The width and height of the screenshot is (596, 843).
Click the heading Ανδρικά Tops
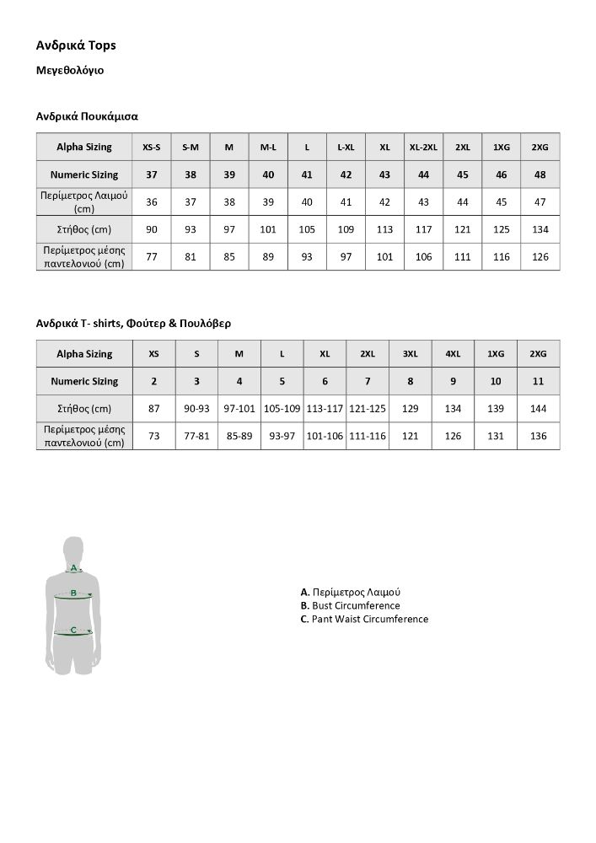coord(76,45)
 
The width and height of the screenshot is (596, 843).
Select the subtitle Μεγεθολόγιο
coord(70,71)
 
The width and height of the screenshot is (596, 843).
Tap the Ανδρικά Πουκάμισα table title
coord(87,116)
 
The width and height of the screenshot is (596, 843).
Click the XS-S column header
coord(152,147)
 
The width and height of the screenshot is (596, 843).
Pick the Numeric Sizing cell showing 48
coord(540,175)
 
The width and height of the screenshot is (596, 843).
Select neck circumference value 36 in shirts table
coord(152,202)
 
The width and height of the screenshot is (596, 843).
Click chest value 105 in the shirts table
coord(307,229)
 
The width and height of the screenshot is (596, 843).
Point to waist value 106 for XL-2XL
coord(423,256)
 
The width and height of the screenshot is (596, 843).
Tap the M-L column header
coord(268,147)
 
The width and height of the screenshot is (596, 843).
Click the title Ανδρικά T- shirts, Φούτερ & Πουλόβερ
coord(133,323)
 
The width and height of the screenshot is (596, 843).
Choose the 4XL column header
coord(453,353)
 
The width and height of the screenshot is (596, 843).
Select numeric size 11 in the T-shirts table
coord(538,381)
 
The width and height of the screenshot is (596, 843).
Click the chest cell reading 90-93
coord(196,409)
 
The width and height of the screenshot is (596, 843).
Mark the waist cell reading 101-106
coord(325,436)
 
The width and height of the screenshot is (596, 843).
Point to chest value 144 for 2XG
coord(538,409)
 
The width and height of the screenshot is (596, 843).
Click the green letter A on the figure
coord(74,567)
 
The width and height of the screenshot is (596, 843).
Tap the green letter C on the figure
coord(74,630)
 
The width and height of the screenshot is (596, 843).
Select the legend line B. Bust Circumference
coord(350,605)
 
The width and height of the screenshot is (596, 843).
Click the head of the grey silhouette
coord(74,547)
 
